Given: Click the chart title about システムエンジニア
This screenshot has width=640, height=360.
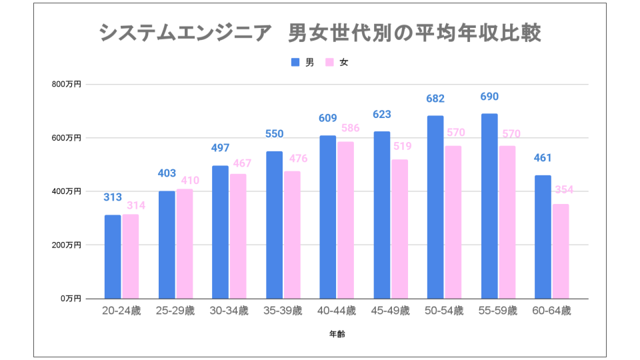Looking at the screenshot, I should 320,33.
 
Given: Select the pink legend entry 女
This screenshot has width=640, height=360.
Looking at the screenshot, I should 337,63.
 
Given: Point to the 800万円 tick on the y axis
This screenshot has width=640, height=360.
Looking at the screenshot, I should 67,85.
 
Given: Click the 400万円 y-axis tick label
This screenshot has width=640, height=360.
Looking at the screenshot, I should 67,191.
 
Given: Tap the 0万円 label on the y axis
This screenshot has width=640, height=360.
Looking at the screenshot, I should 70,299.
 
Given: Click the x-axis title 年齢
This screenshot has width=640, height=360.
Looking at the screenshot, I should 337,333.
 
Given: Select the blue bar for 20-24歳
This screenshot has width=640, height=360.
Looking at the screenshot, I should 113,257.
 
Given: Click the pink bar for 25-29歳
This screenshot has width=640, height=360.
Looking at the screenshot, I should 185,244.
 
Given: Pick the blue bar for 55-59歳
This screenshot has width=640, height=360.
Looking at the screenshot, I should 489,206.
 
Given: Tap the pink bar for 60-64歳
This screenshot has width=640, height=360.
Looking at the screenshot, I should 561,251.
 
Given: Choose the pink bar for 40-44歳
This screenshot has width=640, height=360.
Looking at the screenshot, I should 345,220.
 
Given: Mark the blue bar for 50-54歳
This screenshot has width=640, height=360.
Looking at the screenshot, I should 435,207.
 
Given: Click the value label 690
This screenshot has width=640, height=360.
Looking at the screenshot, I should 489,97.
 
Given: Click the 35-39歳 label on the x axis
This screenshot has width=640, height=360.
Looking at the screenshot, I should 283,311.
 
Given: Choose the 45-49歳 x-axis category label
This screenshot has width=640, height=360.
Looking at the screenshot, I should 390,311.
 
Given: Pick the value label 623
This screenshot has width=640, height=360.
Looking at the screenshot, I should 381,114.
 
